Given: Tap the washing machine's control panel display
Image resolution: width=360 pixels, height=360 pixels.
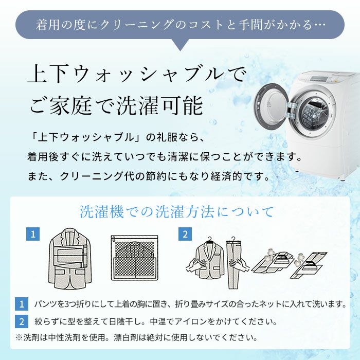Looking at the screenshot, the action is tap(320, 78).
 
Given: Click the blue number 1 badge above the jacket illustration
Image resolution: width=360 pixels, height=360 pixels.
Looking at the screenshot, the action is tap(33, 234).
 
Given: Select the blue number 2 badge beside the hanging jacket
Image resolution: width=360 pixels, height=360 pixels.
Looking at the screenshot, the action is tap(185, 234).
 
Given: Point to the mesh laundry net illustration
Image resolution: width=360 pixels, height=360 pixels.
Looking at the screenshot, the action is tap(135, 258).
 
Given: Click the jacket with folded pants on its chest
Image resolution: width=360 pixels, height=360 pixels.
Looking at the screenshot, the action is tap(70, 258).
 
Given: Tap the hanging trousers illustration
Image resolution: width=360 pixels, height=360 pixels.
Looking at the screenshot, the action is tap(234, 263).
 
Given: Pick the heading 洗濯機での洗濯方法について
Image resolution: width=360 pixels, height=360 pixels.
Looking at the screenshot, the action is tap(177, 211).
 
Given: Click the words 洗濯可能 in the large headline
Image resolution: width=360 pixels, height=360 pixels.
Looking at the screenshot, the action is tap(160, 105).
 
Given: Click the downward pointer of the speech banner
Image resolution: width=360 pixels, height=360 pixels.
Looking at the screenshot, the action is tap(180, 45).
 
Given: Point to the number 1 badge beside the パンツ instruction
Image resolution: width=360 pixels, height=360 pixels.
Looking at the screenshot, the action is tap(22, 304).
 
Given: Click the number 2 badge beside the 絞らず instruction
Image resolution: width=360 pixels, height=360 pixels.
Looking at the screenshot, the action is tap(22, 321).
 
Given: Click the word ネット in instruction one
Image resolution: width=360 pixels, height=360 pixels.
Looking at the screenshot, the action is tap(269, 304).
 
